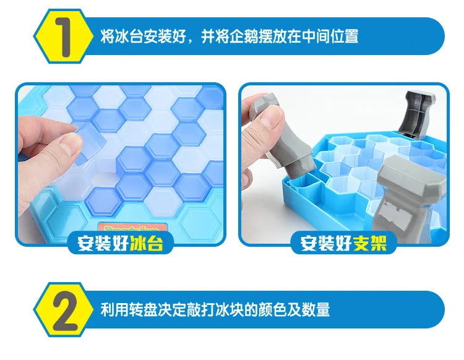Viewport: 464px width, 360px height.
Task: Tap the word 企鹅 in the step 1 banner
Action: pyautogui.click(x=244, y=36)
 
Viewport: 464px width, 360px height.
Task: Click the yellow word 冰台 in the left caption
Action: pyautogui.click(x=147, y=243)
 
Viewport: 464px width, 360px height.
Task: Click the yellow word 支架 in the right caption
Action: pyautogui.click(x=370, y=243)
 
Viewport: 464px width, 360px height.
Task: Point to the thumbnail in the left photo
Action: pyautogui.click(x=69, y=144)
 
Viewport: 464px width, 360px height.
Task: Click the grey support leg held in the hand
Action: pyautogui.click(x=281, y=136)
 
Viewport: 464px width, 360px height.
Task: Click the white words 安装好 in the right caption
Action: pyautogui.click(x=326, y=243)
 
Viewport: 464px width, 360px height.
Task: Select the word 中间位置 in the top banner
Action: pyautogui.click(x=330, y=36)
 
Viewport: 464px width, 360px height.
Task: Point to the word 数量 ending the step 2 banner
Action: pyautogui.click(x=316, y=310)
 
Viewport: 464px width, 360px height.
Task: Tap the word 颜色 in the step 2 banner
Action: pyautogui.click(x=272, y=310)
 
